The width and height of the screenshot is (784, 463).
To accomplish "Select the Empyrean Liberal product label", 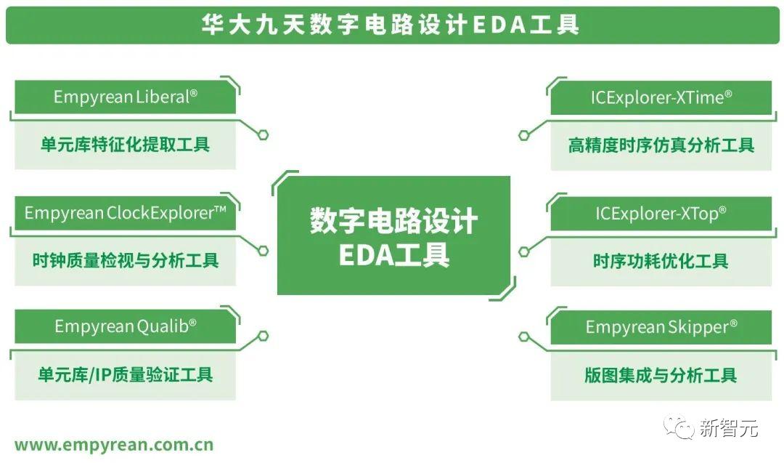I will tap(126, 97).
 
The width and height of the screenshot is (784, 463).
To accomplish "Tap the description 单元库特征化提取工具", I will tap(125, 144).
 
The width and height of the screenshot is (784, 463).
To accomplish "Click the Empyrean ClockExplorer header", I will tap(126, 212).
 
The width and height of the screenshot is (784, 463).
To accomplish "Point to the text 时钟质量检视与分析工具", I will tap(125, 260).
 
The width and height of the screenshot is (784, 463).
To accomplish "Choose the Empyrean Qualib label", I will tap(126, 326).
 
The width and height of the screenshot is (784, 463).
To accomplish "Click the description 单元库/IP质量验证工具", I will tap(125, 375).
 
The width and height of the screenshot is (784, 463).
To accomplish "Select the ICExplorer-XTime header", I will tap(661, 97).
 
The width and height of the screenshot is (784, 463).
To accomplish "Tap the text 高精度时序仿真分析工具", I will tap(661, 145).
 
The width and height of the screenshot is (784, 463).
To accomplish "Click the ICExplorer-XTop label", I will tap(661, 213).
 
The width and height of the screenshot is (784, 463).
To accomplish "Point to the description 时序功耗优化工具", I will tap(661, 261).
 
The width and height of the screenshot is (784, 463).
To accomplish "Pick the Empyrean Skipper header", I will tap(661, 327).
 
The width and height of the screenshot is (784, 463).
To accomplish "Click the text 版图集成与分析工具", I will tap(661, 375).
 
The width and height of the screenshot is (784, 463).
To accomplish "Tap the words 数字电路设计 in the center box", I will tap(393, 220).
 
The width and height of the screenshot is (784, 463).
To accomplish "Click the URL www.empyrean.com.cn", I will tap(114, 444).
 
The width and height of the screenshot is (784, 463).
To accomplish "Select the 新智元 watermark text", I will tap(728, 428).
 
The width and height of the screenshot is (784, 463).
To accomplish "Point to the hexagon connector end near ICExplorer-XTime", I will tap(523, 135).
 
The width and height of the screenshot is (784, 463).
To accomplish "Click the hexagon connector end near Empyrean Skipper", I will tap(523, 337).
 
